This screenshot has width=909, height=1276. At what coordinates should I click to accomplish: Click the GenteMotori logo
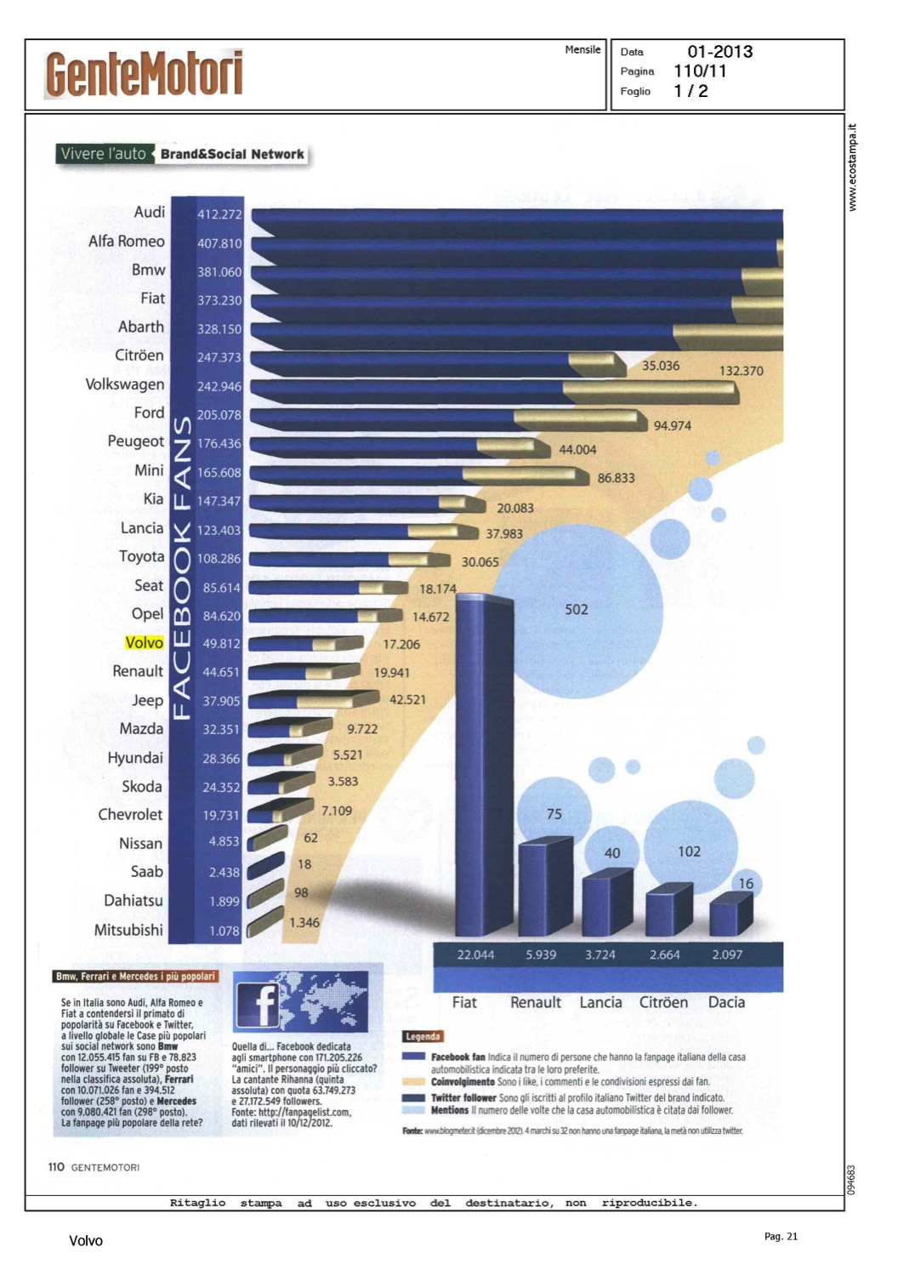click(144, 74)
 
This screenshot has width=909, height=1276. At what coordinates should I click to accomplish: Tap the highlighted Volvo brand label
click(144, 643)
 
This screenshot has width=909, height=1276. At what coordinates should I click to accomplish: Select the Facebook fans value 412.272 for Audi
click(219, 214)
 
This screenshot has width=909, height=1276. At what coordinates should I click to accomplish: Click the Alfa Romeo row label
click(126, 242)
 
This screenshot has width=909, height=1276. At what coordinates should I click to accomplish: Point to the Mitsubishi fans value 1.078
click(224, 931)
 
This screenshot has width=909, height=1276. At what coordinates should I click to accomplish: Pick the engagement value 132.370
click(741, 371)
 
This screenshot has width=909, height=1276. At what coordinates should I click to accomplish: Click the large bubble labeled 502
click(577, 609)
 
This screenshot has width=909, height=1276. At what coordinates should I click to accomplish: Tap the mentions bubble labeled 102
click(688, 851)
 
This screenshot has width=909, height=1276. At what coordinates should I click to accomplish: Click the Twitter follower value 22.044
click(475, 954)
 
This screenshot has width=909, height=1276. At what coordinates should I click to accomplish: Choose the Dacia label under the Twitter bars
click(726, 1002)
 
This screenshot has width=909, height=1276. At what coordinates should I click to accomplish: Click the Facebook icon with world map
click(299, 1001)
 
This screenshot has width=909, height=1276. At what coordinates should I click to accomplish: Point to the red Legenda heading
click(423, 1036)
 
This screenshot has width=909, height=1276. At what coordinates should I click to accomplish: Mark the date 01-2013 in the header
click(719, 52)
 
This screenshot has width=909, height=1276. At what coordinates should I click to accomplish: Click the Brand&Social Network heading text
click(232, 154)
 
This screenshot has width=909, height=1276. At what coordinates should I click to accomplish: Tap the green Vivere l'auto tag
click(103, 154)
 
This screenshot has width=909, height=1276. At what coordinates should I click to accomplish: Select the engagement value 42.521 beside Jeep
click(407, 699)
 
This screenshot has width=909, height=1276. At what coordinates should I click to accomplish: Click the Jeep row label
click(147, 700)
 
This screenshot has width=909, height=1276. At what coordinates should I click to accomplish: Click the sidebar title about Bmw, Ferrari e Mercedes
click(135, 977)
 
